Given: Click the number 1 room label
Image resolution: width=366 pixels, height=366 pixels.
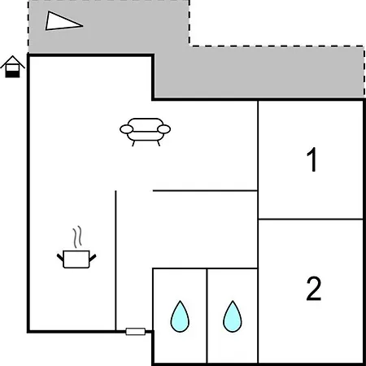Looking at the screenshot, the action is click(x=312, y=159).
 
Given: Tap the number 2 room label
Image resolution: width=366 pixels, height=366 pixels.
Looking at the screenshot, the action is click(x=314, y=289).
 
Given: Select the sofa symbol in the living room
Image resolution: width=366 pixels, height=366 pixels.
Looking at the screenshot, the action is click(x=145, y=132).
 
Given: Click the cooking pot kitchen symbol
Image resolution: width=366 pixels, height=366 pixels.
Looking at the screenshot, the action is click(x=76, y=259).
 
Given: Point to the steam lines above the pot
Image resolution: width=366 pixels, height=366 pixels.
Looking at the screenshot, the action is click(x=77, y=237).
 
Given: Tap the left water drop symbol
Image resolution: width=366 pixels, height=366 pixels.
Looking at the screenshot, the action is click(x=180, y=316).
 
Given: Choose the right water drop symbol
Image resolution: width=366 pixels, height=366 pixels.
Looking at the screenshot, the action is click(x=233, y=316).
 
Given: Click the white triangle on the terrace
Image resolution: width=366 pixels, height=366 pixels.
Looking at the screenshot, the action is click(x=62, y=21).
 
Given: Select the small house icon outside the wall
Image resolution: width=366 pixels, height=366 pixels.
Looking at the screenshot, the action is click(x=12, y=67).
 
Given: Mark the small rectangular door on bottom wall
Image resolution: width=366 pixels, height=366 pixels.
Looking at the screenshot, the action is click(x=136, y=331).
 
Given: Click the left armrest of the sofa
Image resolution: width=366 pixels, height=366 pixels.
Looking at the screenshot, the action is click(x=126, y=129).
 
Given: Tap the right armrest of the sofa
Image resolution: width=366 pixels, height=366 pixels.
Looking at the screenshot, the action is click(x=163, y=129).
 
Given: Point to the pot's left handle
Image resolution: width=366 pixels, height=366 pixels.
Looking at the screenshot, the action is click(x=60, y=257).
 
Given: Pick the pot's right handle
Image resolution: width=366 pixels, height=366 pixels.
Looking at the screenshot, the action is click(x=93, y=258).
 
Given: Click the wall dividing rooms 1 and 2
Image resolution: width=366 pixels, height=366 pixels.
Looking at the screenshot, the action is click(x=311, y=219).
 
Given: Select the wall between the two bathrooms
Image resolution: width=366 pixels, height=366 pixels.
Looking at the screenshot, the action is click(x=207, y=316).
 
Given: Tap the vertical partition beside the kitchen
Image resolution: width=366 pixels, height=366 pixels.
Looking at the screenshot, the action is click(x=115, y=260).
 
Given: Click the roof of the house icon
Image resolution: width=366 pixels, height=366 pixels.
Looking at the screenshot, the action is click(x=12, y=61).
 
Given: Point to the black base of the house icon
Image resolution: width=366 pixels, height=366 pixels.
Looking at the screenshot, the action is click(x=12, y=74).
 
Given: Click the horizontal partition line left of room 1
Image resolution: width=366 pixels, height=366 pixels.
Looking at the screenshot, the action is click(x=205, y=191).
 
